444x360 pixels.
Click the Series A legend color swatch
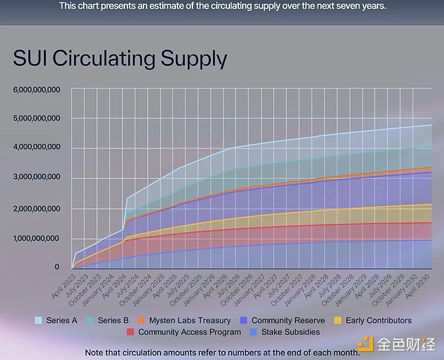[39, 320]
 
